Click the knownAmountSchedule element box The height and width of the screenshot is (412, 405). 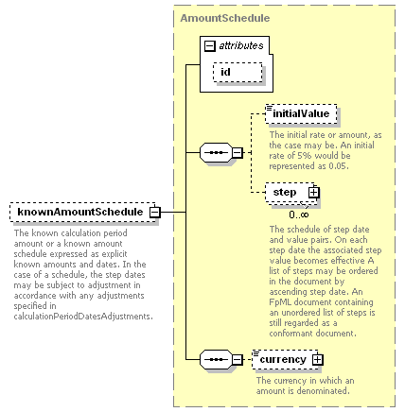82,212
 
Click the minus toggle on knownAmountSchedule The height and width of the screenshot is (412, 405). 155,212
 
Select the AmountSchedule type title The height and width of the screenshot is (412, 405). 225,18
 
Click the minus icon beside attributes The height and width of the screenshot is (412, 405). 210,46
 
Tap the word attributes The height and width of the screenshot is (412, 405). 241,46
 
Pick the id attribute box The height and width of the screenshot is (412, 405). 238,72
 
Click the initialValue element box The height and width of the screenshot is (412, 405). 301,113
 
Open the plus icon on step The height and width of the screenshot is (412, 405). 314,192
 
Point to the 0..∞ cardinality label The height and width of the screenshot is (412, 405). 299,215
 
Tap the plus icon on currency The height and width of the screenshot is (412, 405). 318,359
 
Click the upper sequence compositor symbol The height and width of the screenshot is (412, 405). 216,153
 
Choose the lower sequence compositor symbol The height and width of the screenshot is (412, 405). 216,359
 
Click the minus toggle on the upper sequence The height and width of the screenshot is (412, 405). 238,153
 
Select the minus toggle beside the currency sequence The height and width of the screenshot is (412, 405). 238,359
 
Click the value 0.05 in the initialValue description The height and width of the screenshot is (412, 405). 339,166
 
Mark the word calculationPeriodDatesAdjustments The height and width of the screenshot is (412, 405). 83,317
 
